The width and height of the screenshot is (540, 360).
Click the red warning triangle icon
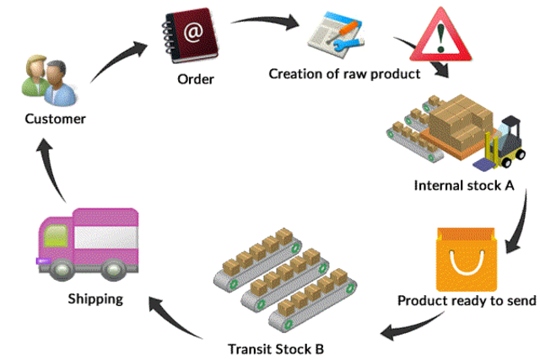(x=440, y=36)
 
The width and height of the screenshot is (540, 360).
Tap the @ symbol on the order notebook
(x=193, y=32)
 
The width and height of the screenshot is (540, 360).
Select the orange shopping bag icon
(x=467, y=259)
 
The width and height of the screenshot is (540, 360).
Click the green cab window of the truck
(x=56, y=235)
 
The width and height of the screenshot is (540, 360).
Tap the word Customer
(x=55, y=119)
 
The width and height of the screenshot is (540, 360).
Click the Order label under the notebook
(x=196, y=79)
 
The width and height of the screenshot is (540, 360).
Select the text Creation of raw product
(x=344, y=74)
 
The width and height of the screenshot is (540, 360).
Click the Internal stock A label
(x=464, y=185)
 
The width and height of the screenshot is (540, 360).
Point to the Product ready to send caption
(x=467, y=301)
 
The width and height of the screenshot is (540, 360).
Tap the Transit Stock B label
(x=276, y=349)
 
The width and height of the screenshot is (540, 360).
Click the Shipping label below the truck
(x=95, y=299)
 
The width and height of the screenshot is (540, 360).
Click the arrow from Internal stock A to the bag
(x=521, y=223)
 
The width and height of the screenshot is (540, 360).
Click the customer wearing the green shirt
(x=35, y=76)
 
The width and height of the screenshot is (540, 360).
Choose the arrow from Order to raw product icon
(x=265, y=20)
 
